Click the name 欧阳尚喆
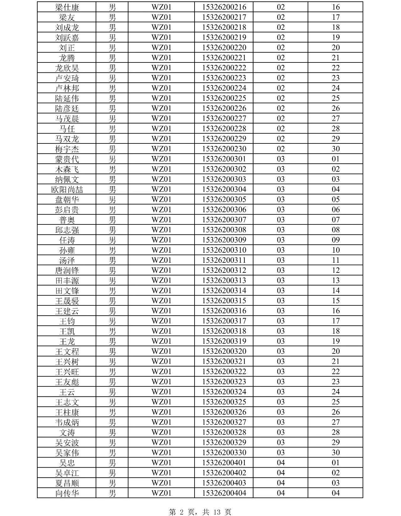(x=67, y=190)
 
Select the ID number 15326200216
(x=224, y=7)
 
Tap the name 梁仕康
(x=67, y=7)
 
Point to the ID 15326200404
(x=224, y=493)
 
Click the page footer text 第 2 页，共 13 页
(x=200, y=512)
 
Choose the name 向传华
(x=67, y=493)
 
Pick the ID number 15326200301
(x=224, y=159)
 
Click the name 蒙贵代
(x=67, y=159)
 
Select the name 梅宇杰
(x=67, y=149)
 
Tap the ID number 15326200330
(x=224, y=452)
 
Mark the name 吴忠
(x=67, y=463)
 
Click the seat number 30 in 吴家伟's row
(x=336, y=452)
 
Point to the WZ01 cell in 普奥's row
(x=161, y=219)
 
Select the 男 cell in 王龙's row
(x=112, y=341)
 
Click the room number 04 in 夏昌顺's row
(x=280, y=483)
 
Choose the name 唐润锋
(x=67, y=271)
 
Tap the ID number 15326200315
(x=224, y=300)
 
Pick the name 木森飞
(x=67, y=169)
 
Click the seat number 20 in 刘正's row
(x=336, y=47)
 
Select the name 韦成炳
(x=67, y=422)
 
